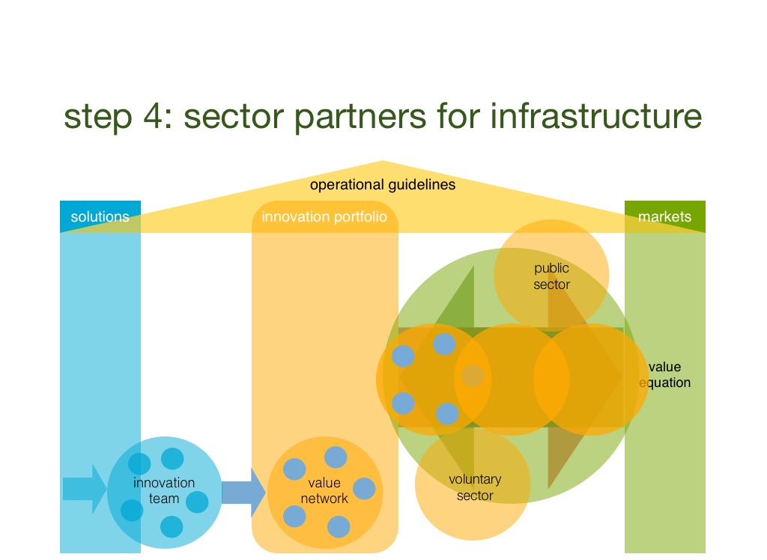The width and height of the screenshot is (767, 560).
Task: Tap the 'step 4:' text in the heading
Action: (x=111, y=117)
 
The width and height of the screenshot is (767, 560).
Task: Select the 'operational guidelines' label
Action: (x=382, y=184)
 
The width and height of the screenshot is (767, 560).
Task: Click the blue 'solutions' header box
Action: (x=100, y=216)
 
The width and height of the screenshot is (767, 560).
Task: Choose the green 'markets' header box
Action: (x=664, y=216)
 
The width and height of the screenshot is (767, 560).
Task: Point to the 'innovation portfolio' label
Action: (x=324, y=217)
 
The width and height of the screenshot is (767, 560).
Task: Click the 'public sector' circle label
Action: (x=552, y=276)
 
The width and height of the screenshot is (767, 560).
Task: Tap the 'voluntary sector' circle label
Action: (x=475, y=487)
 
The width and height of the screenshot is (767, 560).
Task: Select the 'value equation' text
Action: (x=664, y=375)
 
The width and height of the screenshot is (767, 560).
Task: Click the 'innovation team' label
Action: (x=164, y=490)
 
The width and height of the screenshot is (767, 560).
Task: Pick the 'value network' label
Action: (x=324, y=491)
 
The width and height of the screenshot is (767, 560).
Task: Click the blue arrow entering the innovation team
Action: (x=85, y=489)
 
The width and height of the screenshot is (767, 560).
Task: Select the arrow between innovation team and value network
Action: (x=243, y=492)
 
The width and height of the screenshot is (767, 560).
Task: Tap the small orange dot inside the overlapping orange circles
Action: (x=472, y=375)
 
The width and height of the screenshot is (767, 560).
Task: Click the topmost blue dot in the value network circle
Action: (x=336, y=457)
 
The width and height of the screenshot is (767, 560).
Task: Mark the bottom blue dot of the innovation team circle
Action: (x=172, y=526)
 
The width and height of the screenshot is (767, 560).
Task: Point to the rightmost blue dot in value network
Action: (x=364, y=488)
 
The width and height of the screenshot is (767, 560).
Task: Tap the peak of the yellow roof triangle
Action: (x=383, y=163)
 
